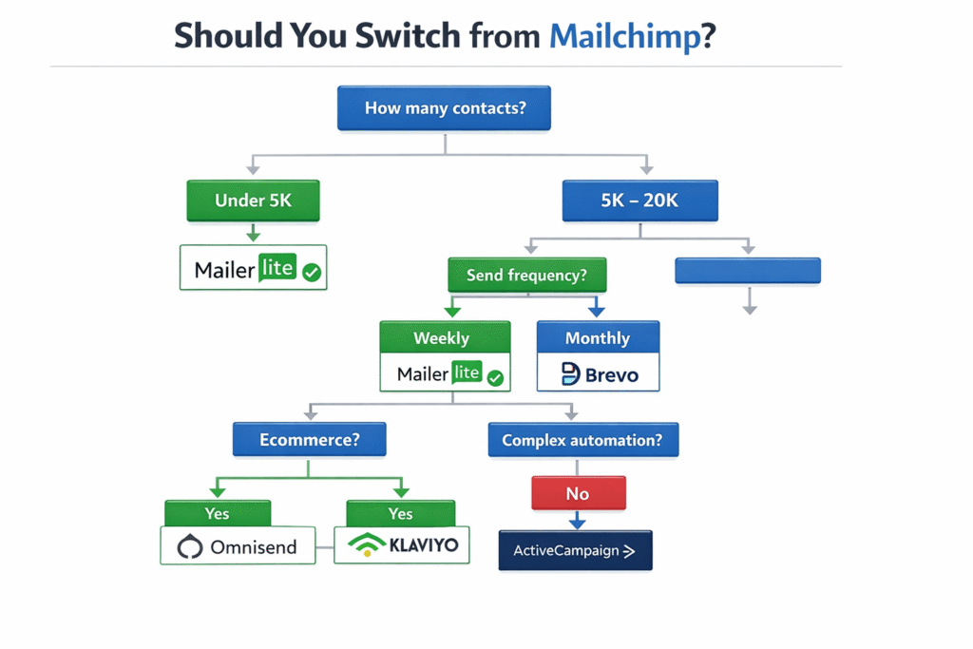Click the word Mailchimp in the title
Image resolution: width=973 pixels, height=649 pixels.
(624, 36)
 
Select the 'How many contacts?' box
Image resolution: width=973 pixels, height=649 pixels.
(445, 108)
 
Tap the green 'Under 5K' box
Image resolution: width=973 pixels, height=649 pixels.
(253, 200)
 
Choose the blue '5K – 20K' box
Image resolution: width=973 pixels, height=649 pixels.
(639, 200)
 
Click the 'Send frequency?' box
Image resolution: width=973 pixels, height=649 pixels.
(526, 275)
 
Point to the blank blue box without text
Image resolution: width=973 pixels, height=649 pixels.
(747, 271)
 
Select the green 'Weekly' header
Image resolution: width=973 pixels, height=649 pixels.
(445, 337)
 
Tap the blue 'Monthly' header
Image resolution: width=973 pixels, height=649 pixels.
(597, 337)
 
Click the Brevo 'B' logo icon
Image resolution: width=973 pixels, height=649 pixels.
(570, 374)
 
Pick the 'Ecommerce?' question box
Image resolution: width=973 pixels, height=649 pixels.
(310, 440)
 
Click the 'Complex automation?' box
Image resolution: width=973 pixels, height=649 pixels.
(582, 440)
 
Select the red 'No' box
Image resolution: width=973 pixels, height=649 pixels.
(577, 493)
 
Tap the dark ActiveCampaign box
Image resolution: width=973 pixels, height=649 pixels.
(575, 550)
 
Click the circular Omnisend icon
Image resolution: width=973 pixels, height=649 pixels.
(191, 547)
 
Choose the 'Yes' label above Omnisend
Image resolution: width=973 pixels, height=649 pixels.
(217, 513)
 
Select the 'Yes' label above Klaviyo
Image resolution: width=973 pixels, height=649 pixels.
(400, 513)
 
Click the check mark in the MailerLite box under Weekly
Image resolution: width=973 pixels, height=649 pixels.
(494, 377)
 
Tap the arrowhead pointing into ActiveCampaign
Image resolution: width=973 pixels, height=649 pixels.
(577, 522)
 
